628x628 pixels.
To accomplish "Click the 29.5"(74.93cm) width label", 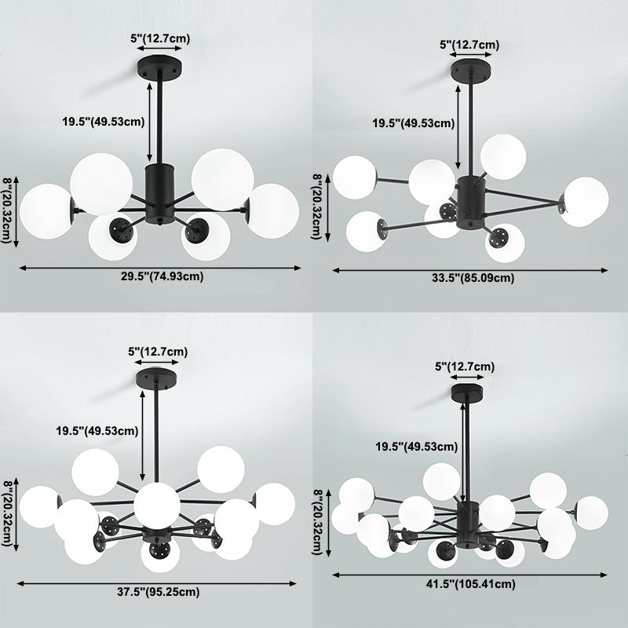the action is coord(162,276).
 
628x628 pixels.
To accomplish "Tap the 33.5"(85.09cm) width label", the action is coord(473,278).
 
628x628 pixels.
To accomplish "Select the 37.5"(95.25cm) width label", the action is coord(159,592).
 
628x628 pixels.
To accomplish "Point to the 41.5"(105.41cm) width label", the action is coord(470,584).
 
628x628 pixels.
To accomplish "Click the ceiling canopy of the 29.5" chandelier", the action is coord(159,64).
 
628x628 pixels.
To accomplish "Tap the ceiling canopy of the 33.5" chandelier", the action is coord(471,70).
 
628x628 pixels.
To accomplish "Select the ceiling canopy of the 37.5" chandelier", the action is coord(156,378).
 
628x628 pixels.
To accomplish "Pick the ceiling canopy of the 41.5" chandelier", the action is coord(467,393).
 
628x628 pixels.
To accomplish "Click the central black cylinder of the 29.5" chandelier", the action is coord(159,193).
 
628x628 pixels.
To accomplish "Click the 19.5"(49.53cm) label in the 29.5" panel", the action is coord(104,122).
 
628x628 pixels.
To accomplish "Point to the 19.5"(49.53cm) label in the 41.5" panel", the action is coord(417,447).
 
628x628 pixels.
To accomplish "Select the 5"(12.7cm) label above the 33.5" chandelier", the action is coord(469,45).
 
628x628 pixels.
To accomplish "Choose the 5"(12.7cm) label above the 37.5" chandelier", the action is coord(158,352).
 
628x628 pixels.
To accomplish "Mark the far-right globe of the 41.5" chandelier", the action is coord(591,513).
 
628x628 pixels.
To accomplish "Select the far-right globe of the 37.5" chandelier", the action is coord(274,504).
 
